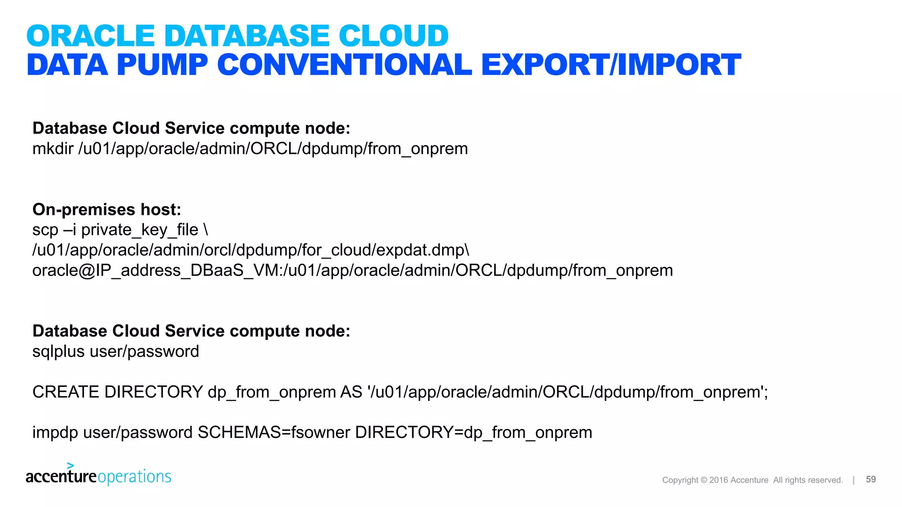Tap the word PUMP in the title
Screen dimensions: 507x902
coord(162,65)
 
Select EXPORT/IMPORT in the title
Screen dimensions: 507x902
coord(611,65)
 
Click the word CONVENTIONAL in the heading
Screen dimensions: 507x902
coord(344,65)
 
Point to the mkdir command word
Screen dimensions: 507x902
coord(52,149)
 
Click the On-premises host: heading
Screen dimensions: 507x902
coord(107,209)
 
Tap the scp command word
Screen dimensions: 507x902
coord(45,230)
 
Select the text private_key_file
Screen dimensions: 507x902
coord(140,230)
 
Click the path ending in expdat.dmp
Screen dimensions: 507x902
coord(250,250)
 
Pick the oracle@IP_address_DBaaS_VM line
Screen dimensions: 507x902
coord(352,270)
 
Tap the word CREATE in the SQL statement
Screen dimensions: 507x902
coord(66,392)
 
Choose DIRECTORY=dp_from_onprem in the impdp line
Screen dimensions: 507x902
coord(473,433)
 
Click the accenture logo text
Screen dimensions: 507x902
coord(61,477)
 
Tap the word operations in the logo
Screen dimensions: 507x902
coord(134,477)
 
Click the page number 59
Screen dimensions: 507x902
coord(870,480)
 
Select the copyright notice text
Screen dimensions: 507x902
coord(752,480)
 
